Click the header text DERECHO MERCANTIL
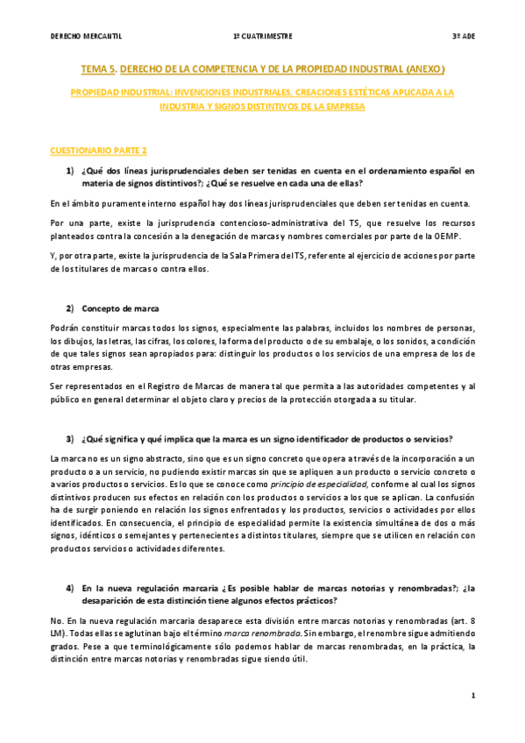[86, 36]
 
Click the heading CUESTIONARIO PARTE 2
[98, 151]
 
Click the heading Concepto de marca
[120, 308]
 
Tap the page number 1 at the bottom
[472, 696]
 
